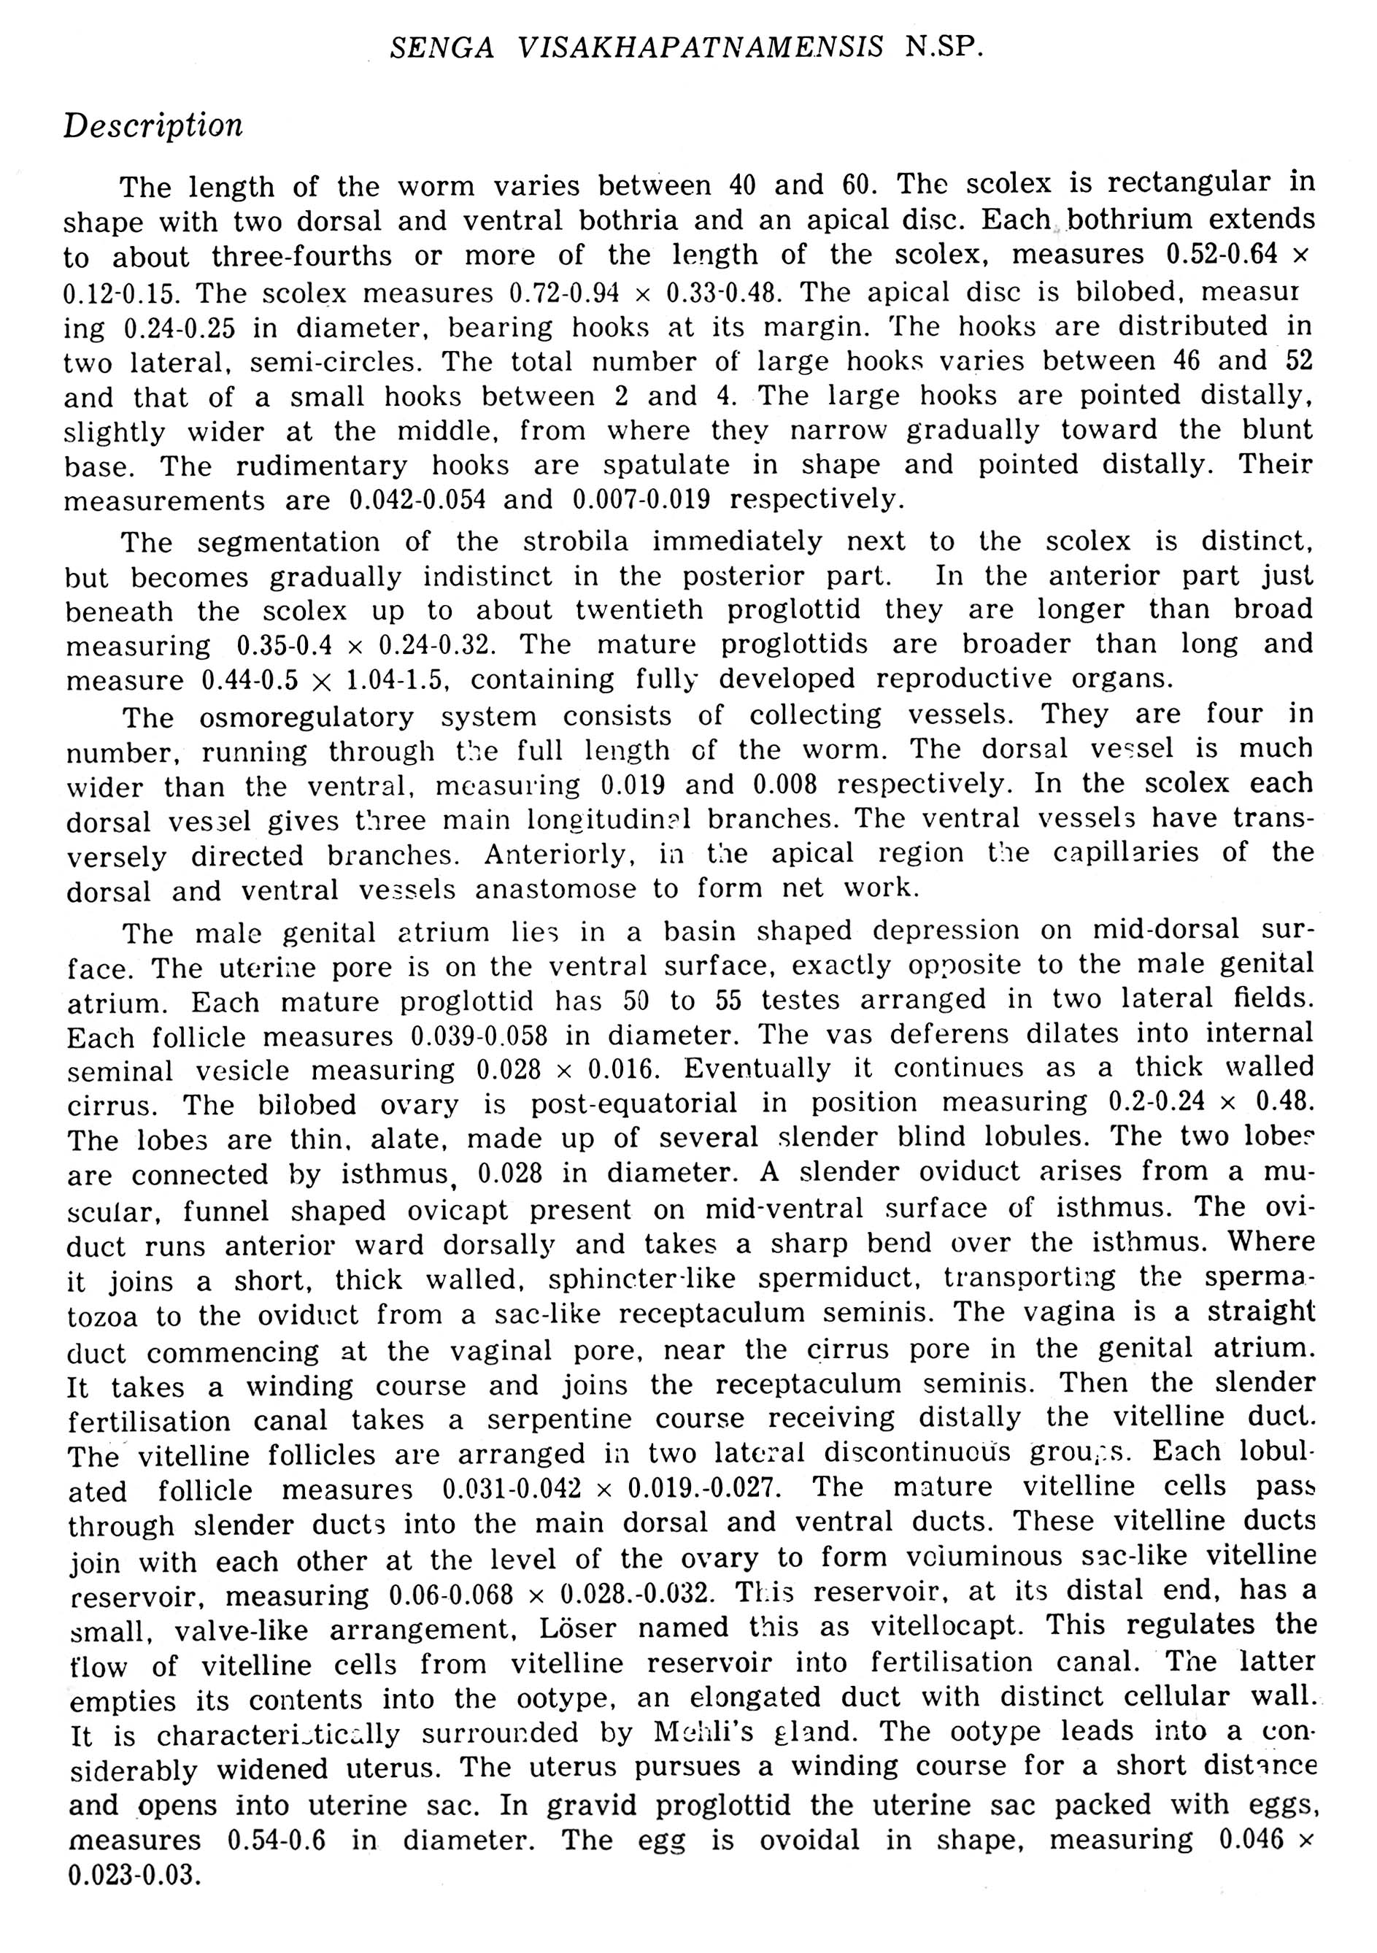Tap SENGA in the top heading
coord(442,47)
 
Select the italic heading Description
coord(153,126)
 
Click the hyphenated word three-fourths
coord(302,256)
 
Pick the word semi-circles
coord(335,363)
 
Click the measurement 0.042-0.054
coord(417,499)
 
